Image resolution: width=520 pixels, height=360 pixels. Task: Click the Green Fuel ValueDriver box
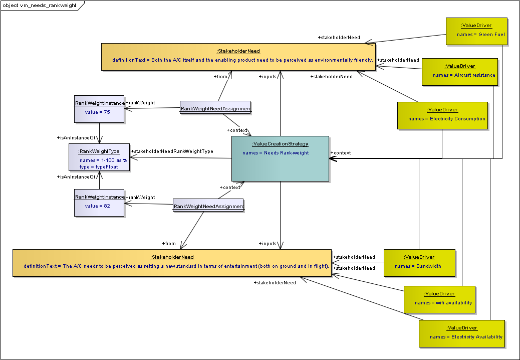476,32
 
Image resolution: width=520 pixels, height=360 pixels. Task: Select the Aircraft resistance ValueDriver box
459,72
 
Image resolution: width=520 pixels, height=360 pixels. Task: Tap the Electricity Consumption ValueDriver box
442,115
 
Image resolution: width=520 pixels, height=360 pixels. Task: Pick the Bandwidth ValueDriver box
419,262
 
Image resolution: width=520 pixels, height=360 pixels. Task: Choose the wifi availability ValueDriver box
439,299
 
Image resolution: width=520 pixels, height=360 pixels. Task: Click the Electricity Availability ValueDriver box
460,333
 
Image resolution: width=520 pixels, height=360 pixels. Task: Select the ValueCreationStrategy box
280,158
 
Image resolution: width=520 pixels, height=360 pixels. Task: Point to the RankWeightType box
99,157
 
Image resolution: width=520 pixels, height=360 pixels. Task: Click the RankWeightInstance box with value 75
99,109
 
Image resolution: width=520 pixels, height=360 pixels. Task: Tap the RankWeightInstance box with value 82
99,202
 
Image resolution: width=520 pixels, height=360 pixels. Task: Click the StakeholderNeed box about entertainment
172,263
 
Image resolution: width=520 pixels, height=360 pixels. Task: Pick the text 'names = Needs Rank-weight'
276,153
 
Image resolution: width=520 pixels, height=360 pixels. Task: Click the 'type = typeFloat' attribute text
99,167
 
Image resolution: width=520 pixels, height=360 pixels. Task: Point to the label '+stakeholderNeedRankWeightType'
172,151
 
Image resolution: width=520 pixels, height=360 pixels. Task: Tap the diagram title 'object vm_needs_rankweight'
42,5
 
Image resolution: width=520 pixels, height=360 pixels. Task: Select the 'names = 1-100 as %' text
103,160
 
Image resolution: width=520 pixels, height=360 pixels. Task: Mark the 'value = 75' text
98,112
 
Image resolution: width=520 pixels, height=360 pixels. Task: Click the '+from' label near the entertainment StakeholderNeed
170,244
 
